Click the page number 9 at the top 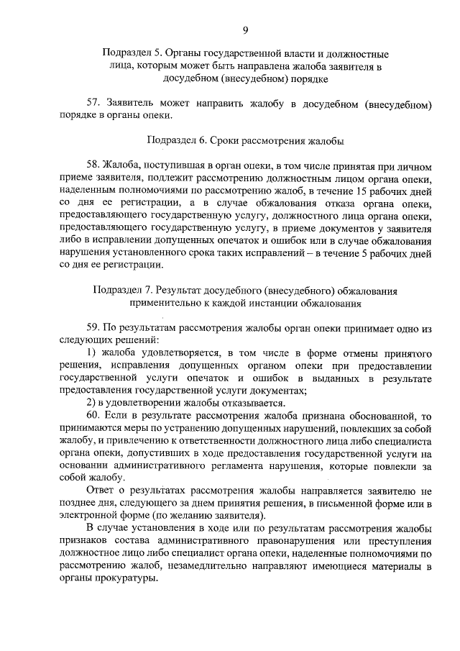[245, 29]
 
